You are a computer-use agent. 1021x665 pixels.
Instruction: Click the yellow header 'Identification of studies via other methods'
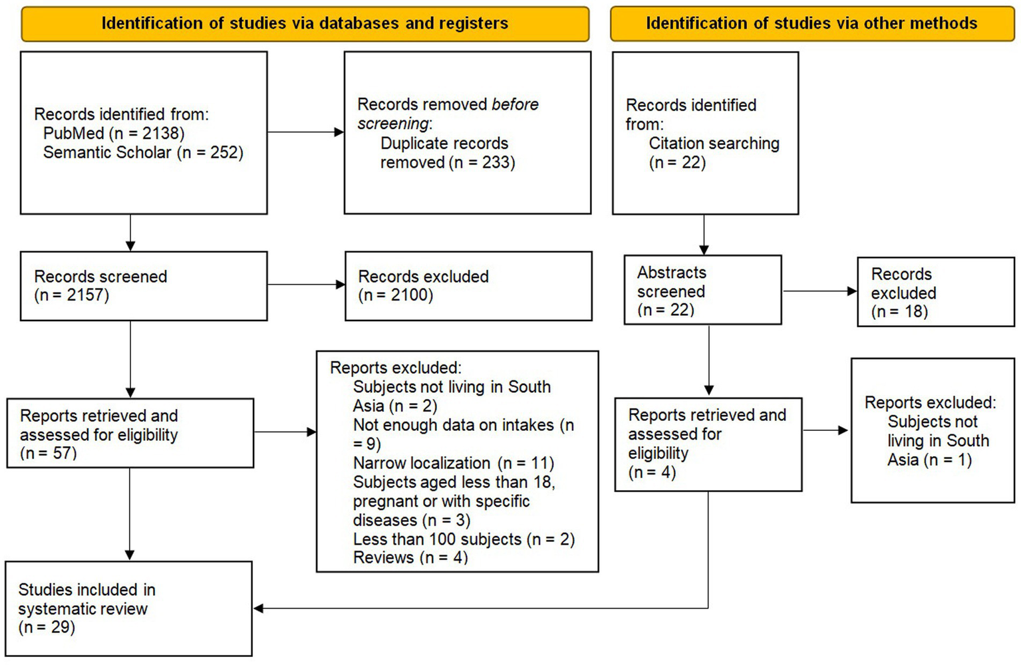tap(811, 24)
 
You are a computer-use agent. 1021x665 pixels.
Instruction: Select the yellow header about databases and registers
tap(305, 24)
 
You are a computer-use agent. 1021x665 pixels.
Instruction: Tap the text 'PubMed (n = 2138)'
tap(114, 134)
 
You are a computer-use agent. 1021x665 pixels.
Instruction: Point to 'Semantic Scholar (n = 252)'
tap(143, 153)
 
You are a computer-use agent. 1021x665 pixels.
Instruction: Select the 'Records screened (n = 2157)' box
tap(144, 286)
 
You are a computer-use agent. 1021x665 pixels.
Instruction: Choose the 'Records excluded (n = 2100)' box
tap(468, 286)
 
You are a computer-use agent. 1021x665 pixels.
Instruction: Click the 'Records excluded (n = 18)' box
tap(935, 293)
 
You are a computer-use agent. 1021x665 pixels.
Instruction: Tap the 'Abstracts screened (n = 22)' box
tap(702, 291)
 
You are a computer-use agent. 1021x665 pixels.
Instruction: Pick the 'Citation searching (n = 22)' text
tap(713, 153)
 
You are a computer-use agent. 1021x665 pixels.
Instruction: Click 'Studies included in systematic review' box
tap(129, 608)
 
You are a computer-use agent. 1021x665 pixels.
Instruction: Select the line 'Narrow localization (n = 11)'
tap(453, 463)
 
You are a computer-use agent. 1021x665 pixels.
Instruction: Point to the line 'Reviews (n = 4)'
tap(410, 558)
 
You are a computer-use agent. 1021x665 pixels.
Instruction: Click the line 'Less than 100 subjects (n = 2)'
tap(464, 539)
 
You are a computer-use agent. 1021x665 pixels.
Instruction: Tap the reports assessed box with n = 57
tap(130, 434)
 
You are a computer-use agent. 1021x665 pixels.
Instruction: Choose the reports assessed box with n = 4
tap(708, 444)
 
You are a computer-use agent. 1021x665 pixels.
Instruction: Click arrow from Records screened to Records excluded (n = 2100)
tap(306, 285)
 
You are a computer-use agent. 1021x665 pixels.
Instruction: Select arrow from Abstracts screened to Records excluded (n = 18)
tap(819, 291)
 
